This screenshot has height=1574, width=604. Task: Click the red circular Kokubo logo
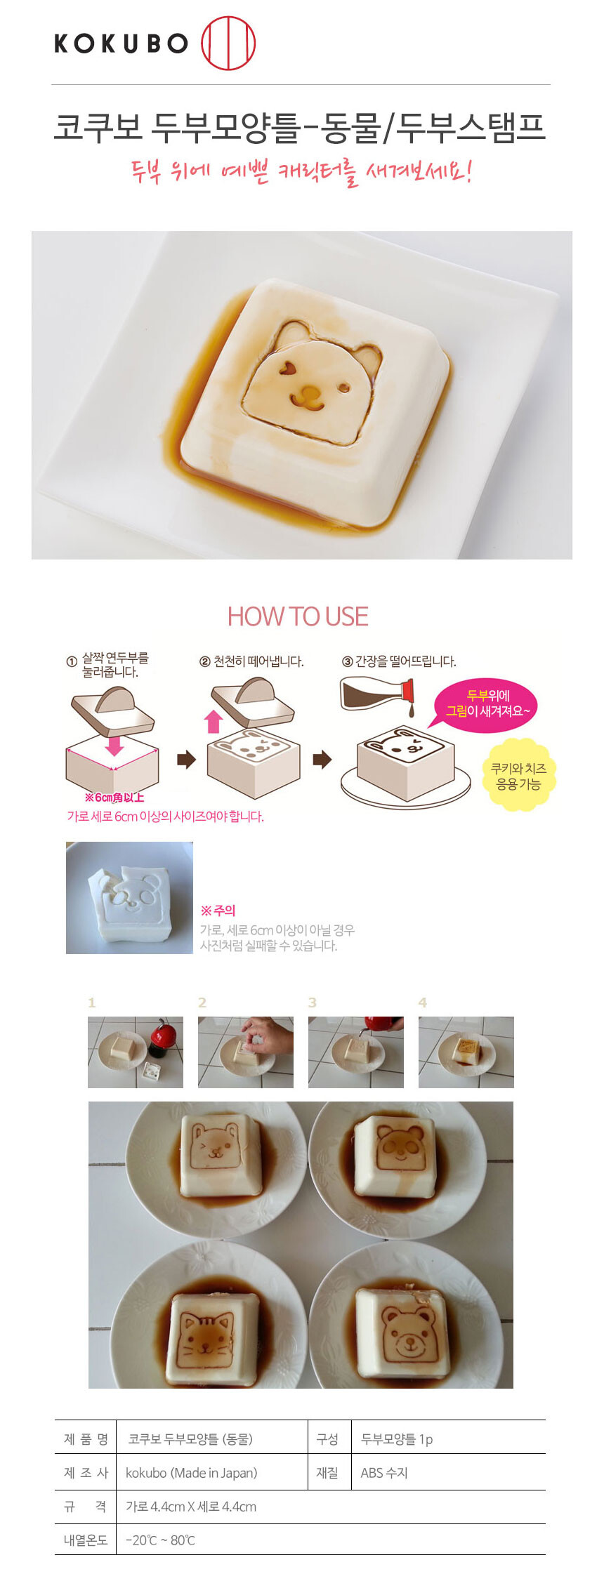point(228,44)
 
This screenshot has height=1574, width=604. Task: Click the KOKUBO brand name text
point(122,44)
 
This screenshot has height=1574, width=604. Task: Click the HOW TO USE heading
point(298,616)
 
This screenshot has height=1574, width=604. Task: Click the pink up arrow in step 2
point(214,721)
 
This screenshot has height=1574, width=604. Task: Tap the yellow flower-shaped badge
point(518,774)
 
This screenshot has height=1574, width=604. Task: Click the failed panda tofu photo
point(129,898)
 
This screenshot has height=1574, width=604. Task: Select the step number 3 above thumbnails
point(313,1003)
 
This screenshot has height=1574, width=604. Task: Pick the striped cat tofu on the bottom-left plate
point(208,1335)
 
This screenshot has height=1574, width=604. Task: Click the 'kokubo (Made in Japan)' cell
point(191,1473)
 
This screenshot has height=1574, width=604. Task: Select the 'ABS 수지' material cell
point(384,1473)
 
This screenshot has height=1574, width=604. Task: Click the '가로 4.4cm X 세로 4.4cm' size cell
point(191,1507)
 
